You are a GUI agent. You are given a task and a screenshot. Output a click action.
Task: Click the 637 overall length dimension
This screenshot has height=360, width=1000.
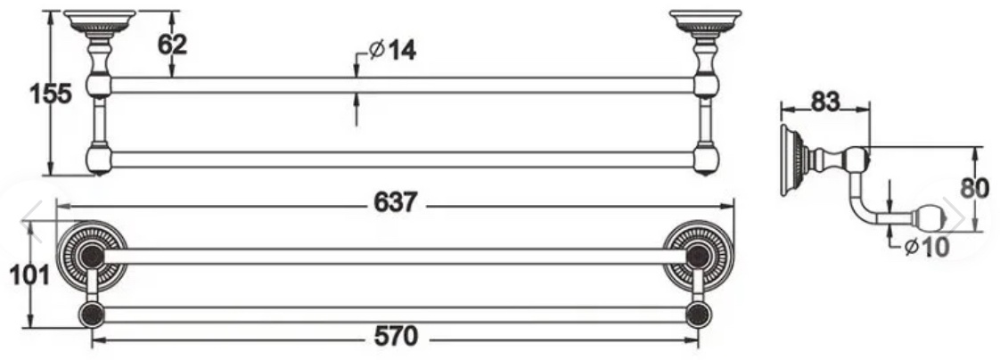click(x=396, y=202)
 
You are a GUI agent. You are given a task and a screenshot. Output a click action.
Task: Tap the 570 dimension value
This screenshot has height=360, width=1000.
click(x=396, y=337)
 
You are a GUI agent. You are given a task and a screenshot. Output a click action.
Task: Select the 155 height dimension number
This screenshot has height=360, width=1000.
click(x=51, y=94)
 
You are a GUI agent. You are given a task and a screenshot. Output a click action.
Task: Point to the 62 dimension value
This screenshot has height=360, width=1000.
click(x=172, y=45)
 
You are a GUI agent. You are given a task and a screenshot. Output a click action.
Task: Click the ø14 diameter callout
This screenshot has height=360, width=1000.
click(x=393, y=50)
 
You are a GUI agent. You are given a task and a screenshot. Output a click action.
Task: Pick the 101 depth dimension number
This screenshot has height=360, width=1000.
click(x=29, y=276)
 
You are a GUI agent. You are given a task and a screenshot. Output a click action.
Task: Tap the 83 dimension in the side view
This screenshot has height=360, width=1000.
click(x=825, y=102)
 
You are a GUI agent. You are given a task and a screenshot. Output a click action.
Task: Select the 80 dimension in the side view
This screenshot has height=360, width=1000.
click(x=974, y=189)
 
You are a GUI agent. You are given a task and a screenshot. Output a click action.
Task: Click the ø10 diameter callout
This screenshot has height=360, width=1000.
click(x=927, y=247)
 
